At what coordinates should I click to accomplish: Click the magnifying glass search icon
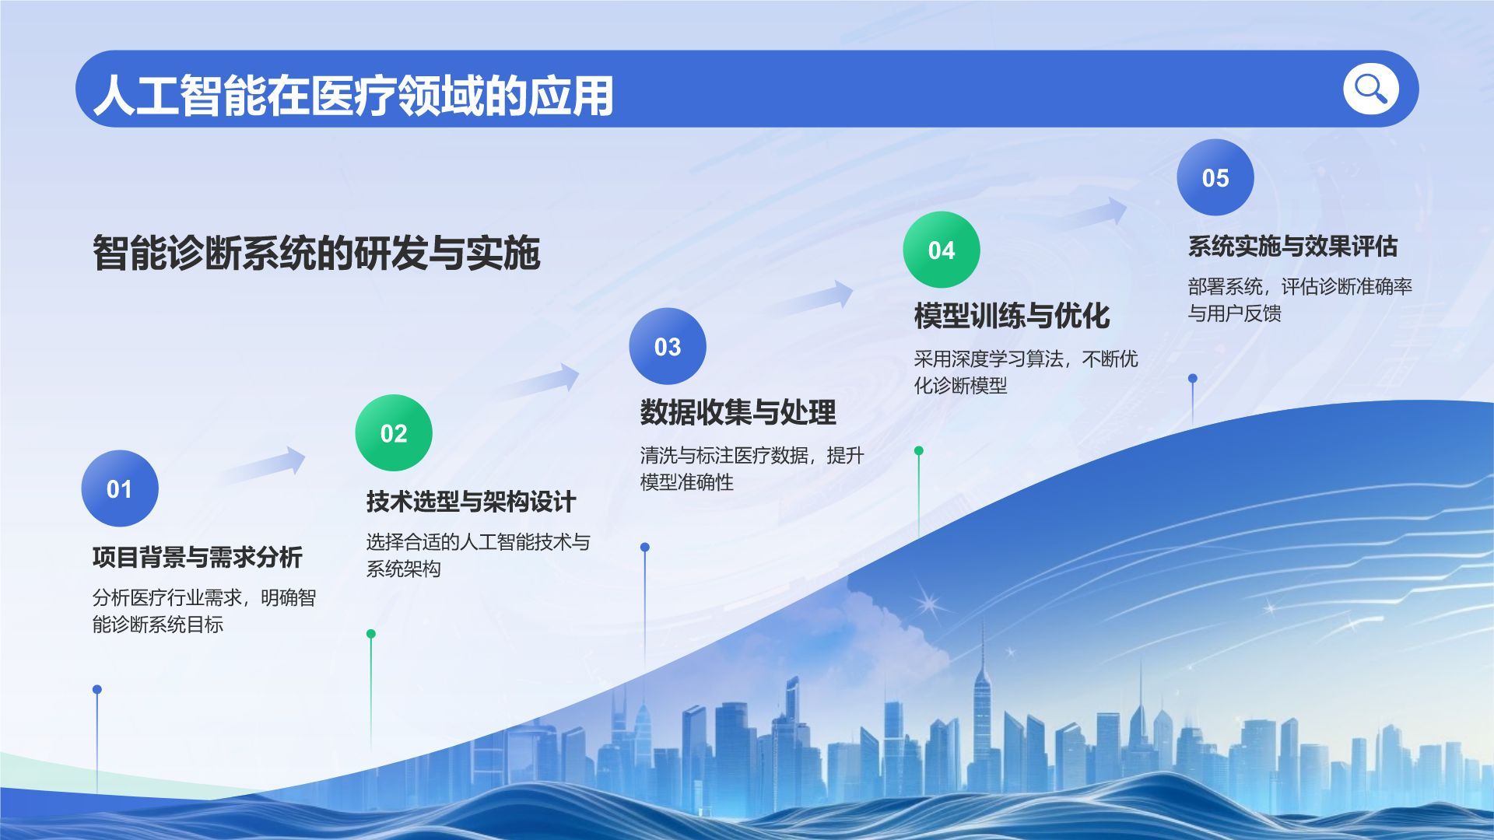click(1370, 89)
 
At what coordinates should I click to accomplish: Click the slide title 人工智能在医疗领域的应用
click(354, 96)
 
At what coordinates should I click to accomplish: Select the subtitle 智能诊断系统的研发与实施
click(316, 253)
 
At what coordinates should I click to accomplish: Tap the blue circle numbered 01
click(120, 488)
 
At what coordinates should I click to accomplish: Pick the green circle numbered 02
click(394, 432)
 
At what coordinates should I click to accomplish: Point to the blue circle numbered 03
click(668, 346)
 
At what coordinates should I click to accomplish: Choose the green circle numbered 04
click(942, 250)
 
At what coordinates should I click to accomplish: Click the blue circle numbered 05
click(1215, 177)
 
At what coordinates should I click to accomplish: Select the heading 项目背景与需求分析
click(198, 557)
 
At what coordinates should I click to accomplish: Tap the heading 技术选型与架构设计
click(472, 502)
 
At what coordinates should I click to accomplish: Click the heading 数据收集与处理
click(738, 412)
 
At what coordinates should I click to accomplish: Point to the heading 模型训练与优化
click(1012, 316)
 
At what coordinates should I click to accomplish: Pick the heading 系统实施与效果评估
click(1292, 247)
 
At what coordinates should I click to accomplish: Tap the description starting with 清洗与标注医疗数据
click(752, 468)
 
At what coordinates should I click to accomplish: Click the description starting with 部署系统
click(1300, 299)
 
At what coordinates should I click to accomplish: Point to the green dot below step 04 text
click(919, 450)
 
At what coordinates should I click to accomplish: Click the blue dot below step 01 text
click(97, 689)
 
